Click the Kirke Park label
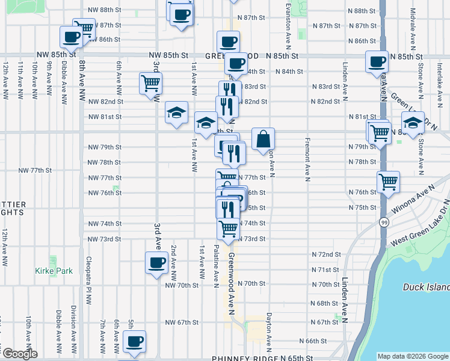coord(54,271)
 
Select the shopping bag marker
coord(263,140)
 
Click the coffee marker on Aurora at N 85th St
coord(377,61)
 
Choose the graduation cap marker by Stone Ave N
coord(413,123)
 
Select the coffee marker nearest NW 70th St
coord(156,263)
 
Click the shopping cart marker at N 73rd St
coord(228,229)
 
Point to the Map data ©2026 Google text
coord(413,356)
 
